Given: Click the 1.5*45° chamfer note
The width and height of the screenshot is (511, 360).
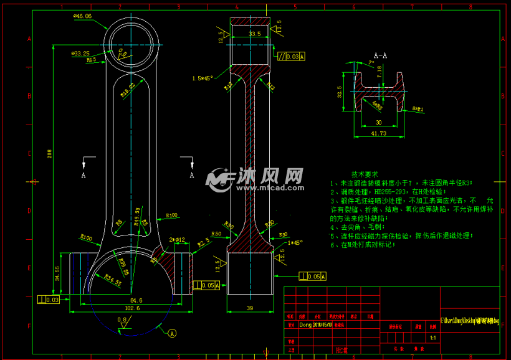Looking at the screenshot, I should pyautogui.click(x=203, y=78).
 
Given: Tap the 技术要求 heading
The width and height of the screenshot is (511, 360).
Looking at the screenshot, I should pyautogui.click(x=365, y=174).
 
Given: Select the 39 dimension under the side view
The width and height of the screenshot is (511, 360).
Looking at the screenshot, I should pyautogui.click(x=250, y=308).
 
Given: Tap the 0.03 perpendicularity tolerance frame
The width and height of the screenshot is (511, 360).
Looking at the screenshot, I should pyautogui.click(x=50, y=300).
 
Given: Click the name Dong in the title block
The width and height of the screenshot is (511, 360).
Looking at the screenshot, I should pyautogui.click(x=305, y=324).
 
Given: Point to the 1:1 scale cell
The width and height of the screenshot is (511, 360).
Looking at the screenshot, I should pyautogui.click(x=432, y=337).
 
